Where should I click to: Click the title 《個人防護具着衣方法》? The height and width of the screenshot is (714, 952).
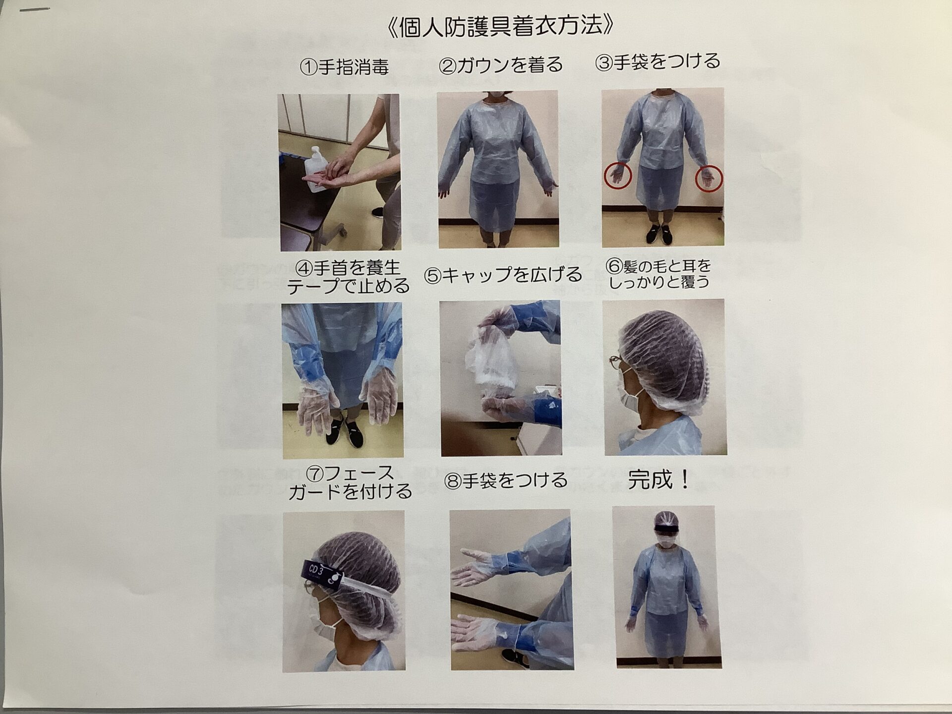click(x=499, y=27)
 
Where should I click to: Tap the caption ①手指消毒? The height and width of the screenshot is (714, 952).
click(x=344, y=67)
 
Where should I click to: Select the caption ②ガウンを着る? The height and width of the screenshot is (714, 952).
click(x=501, y=65)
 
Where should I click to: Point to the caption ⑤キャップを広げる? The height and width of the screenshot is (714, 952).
click(x=503, y=275)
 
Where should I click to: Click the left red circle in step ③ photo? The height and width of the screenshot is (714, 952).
click(x=618, y=176)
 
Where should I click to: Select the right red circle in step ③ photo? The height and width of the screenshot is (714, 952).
click(x=709, y=178)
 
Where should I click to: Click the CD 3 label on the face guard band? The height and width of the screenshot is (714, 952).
click(x=316, y=570)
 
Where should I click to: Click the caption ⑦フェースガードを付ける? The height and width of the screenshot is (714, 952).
click(x=350, y=482)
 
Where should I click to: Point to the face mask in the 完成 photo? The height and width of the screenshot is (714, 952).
click(x=664, y=543)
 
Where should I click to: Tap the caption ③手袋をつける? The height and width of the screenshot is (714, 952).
click(x=657, y=62)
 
